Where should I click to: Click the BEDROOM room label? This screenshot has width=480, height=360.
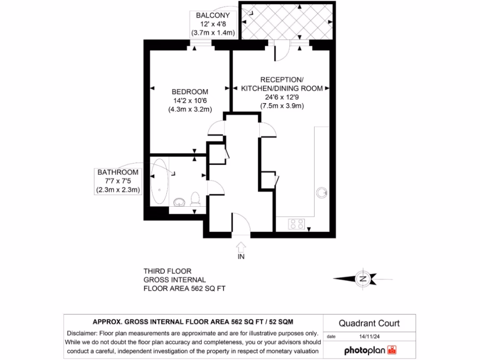(190, 91)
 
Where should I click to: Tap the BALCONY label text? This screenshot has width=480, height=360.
(214, 15)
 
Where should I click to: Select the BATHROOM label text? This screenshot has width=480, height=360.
(118, 172)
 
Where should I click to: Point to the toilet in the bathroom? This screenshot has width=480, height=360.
(195, 199)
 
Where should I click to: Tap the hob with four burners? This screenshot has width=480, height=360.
(297, 224)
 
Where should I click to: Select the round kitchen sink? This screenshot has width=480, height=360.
(322, 192)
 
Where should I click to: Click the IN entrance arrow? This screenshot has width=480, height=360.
(241, 247)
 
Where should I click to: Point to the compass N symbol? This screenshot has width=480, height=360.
(362, 278)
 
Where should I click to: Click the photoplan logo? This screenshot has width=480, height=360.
(371, 350)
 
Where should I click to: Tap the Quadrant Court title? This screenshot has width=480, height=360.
(369, 323)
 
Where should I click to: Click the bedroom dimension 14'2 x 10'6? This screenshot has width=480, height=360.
(190, 100)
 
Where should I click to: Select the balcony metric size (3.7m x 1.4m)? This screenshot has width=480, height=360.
(214, 33)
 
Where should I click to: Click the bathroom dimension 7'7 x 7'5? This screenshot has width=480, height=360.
(118, 181)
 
